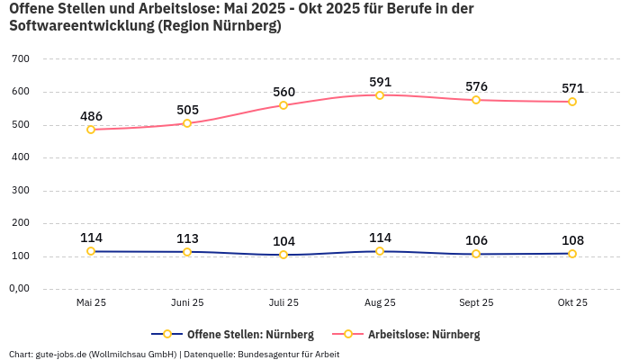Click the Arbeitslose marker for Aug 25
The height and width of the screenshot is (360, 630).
pyautogui.click(x=380, y=94)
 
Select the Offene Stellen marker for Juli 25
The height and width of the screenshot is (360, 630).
pyautogui.click(x=283, y=255)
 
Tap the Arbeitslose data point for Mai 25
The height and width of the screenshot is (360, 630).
pyautogui.click(x=91, y=130)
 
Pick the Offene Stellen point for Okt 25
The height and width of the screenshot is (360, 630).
pyautogui.click(x=572, y=254)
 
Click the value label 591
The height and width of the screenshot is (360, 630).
pyautogui.click(x=380, y=82)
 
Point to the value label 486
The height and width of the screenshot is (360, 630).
pyautogui.click(x=91, y=116)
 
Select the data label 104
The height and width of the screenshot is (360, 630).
pyautogui.click(x=283, y=241)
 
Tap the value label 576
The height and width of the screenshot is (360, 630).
pyautogui.click(x=476, y=86)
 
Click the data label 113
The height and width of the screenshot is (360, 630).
pyautogui.click(x=187, y=238)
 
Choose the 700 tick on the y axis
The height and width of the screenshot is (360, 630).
pyautogui.click(x=21, y=58)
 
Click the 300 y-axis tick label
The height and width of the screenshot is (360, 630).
pyautogui.click(x=21, y=190)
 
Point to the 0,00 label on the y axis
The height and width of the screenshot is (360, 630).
pyautogui.click(x=19, y=289)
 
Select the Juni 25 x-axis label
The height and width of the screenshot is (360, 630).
pyautogui.click(x=187, y=303)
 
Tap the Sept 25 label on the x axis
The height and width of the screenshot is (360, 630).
pyautogui.click(x=476, y=303)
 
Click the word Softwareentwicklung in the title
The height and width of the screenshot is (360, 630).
pyautogui.click(x=80, y=26)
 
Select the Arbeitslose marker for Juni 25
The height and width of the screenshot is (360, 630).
pyautogui.click(x=187, y=123)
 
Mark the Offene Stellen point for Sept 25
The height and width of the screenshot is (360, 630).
pyautogui.click(x=476, y=254)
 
